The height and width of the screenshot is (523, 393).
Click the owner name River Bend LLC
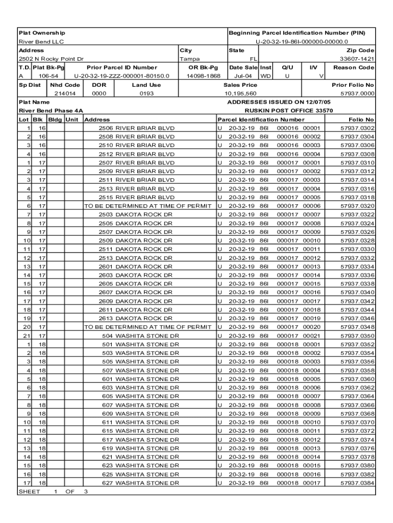point(41,42)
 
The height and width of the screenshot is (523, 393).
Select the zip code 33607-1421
point(357,59)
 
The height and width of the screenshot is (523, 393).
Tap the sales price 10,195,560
point(240,94)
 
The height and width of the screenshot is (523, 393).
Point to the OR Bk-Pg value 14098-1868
point(203,76)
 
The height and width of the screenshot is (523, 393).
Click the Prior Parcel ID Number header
point(122,67)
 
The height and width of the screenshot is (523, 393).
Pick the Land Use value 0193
point(146,94)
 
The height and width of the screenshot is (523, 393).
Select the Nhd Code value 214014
point(65,94)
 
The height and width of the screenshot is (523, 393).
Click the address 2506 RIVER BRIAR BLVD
point(136,128)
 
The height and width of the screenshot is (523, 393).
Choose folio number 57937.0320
point(357,206)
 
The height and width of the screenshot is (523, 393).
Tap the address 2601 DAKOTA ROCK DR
point(136,267)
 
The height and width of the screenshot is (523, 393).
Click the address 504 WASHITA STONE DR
point(140,336)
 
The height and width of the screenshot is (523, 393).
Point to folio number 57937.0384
point(357,483)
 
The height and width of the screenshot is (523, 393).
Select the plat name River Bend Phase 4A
point(51,110)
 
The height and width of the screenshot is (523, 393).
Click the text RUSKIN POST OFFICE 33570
point(289,110)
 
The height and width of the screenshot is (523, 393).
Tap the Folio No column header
point(361,120)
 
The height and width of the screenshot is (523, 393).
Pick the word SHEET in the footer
point(29,492)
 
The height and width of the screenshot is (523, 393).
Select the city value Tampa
point(190,59)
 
